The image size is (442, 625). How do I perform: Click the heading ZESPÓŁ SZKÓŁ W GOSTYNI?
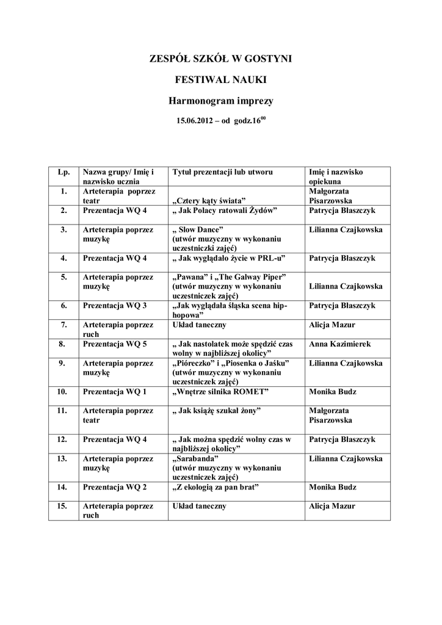(221, 59)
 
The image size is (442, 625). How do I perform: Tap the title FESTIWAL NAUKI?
(221, 79)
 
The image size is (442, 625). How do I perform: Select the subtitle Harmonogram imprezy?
(221, 99)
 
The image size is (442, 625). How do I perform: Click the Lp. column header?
(63, 172)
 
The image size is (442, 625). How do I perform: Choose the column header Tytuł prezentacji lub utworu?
(223, 172)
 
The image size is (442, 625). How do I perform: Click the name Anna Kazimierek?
(339, 344)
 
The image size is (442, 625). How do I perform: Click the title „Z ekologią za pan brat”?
(217, 487)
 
